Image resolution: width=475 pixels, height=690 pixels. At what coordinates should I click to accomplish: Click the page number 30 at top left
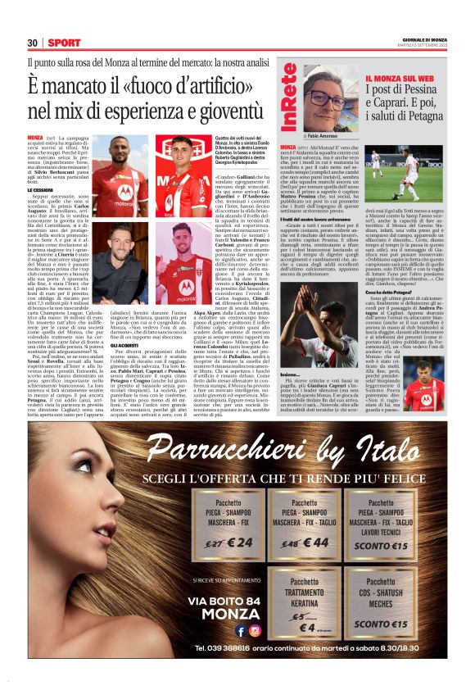tap(33, 43)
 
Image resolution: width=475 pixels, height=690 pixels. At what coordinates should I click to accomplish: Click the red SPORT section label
tap(63, 43)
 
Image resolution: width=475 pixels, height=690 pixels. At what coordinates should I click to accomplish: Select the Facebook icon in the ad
tap(241, 630)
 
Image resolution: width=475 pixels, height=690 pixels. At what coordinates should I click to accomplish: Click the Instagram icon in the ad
tap(256, 630)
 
